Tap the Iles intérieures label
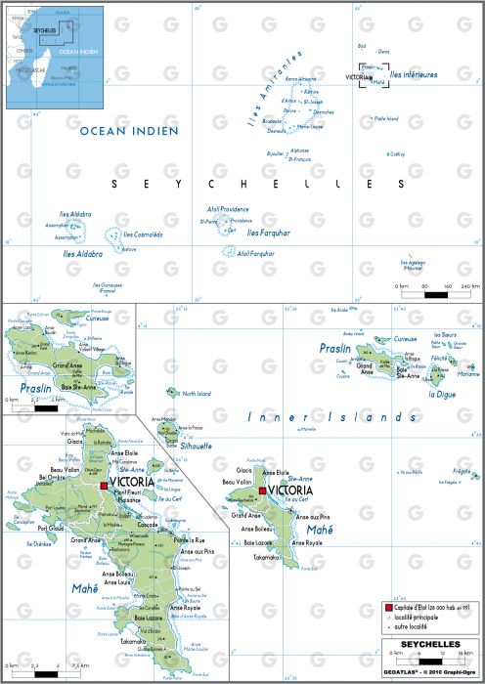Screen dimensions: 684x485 click(x=414, y=74)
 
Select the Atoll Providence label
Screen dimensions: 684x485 click(x=227, y=209)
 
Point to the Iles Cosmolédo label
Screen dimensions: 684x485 click(x=143, y=235)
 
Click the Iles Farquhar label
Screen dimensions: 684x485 click(x=268, y=233)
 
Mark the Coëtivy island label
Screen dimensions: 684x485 click(x=396, y=167)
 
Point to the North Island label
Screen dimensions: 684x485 click(x=197, y=394)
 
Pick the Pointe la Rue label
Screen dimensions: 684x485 click(x=190, y=539)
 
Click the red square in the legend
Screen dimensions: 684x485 click(x=388, y=608)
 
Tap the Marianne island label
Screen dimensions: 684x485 click(x=467, y=372)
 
